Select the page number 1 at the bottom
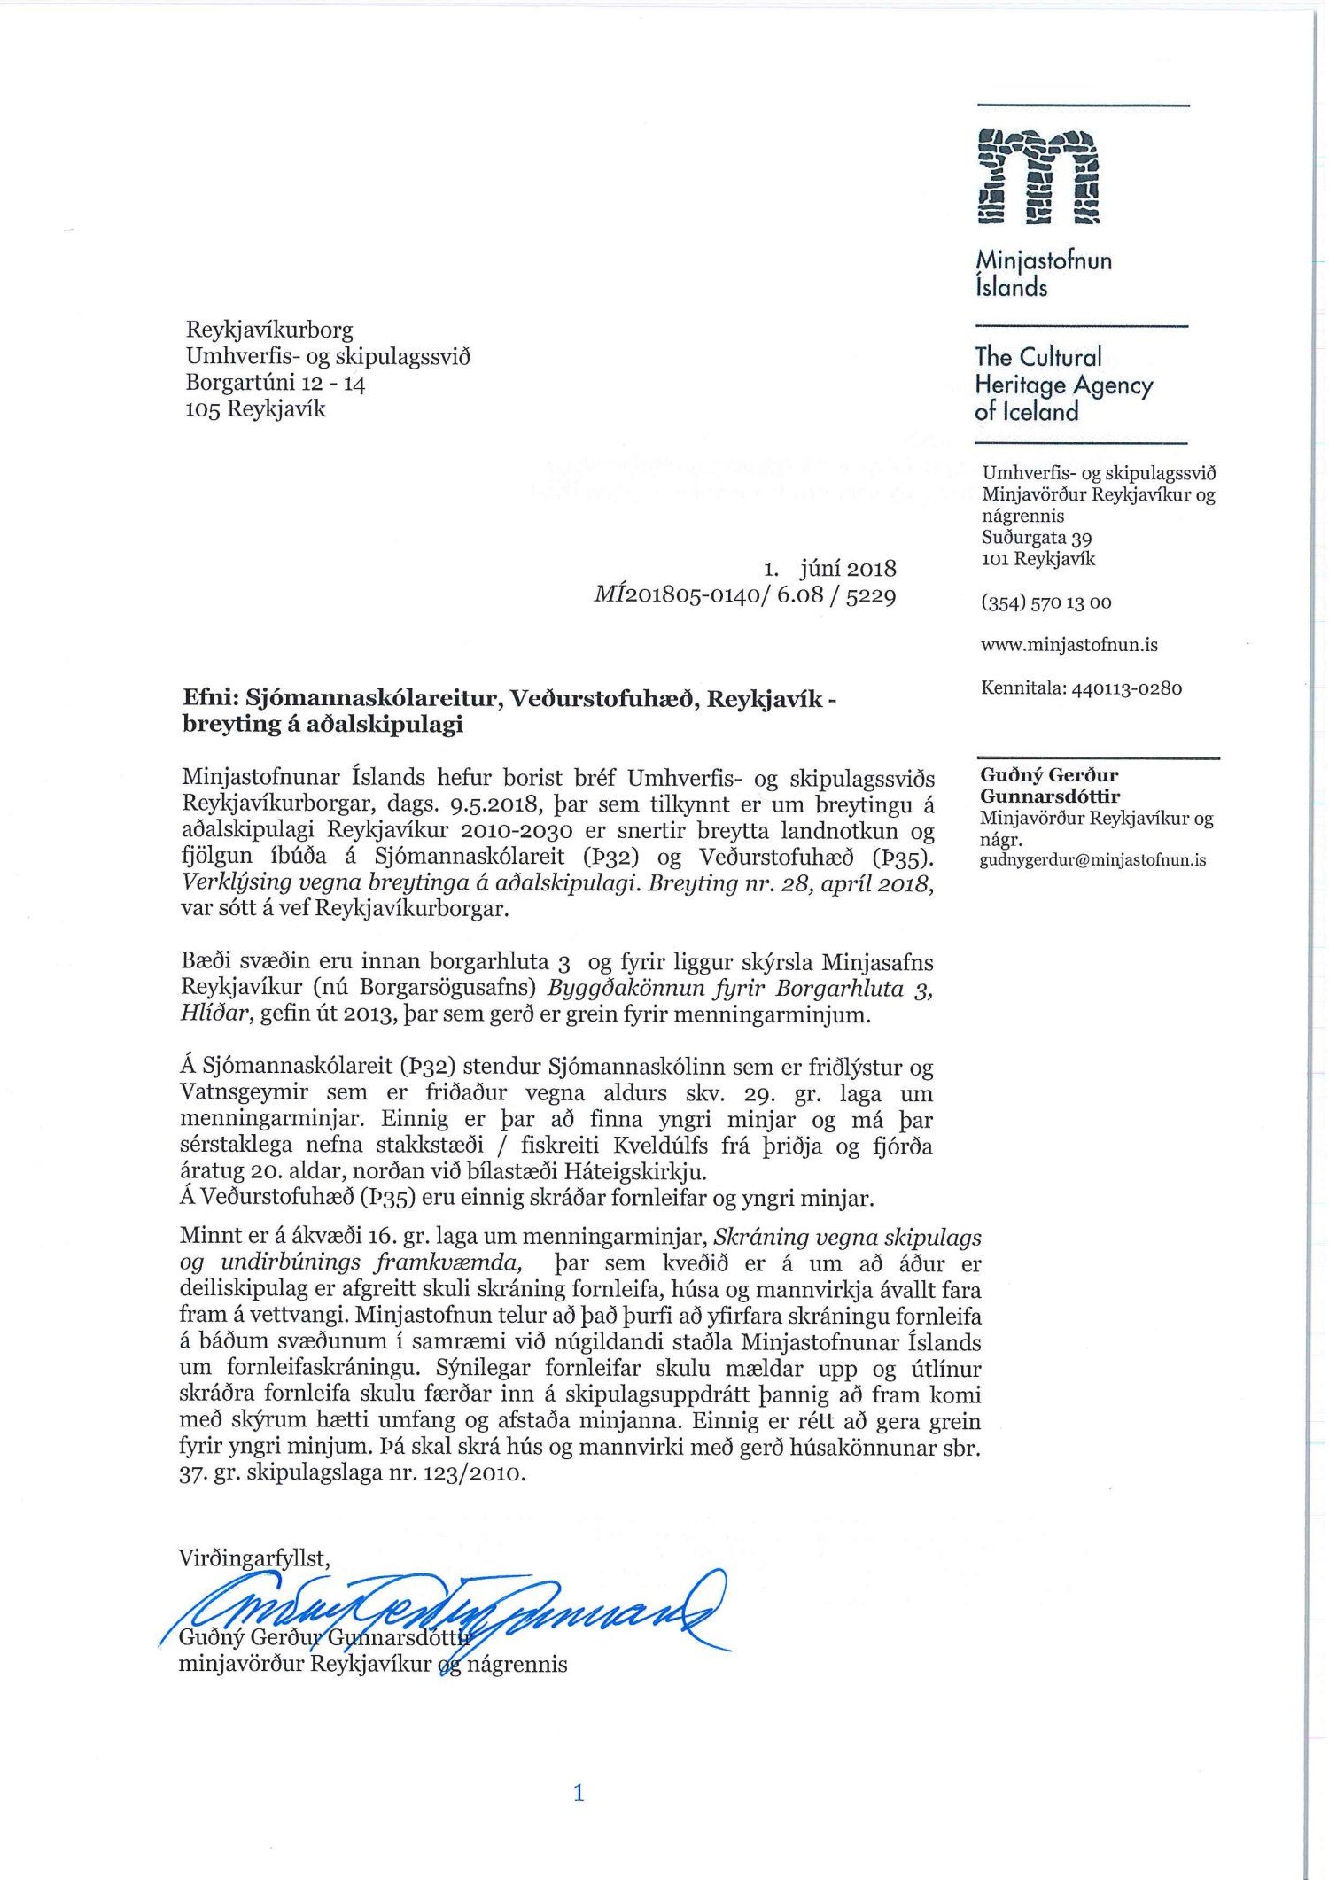(x=579, y=1794)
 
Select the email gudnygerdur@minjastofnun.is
(x=1092, y=859)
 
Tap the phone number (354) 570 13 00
(x=1045, y=602)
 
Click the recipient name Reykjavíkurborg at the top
(x=269, y=330)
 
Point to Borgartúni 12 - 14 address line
(x=275, y=383)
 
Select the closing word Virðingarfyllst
(x=253, y=1558)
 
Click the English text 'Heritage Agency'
(x=1063, y=385)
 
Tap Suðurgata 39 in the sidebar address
(x=1036, y=538)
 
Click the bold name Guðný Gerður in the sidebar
(x=1048, y=775)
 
